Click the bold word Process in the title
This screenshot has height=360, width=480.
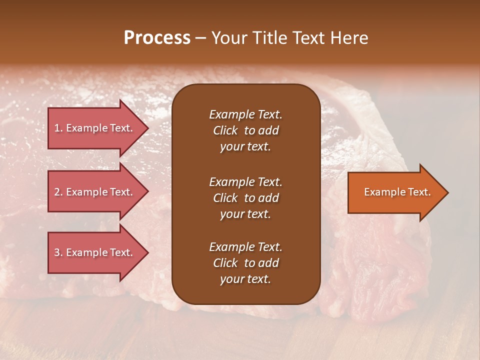(157, 38)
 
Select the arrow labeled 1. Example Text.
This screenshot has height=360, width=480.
(95, 128)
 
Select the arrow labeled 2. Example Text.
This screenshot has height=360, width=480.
(95, 192)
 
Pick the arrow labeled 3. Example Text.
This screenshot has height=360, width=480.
(95, 252)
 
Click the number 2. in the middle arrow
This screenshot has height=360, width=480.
(58, 192)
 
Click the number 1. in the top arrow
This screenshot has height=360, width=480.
(58, 128)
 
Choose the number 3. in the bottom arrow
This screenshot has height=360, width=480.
(58, 252)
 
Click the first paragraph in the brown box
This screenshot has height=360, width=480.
(245, 130)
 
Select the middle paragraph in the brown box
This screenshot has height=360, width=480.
(245, 198)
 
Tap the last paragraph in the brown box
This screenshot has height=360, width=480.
(245, 263)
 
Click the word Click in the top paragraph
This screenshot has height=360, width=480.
(225, 130)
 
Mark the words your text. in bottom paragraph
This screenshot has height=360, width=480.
(245, 279)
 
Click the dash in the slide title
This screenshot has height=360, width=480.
(201, 38)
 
